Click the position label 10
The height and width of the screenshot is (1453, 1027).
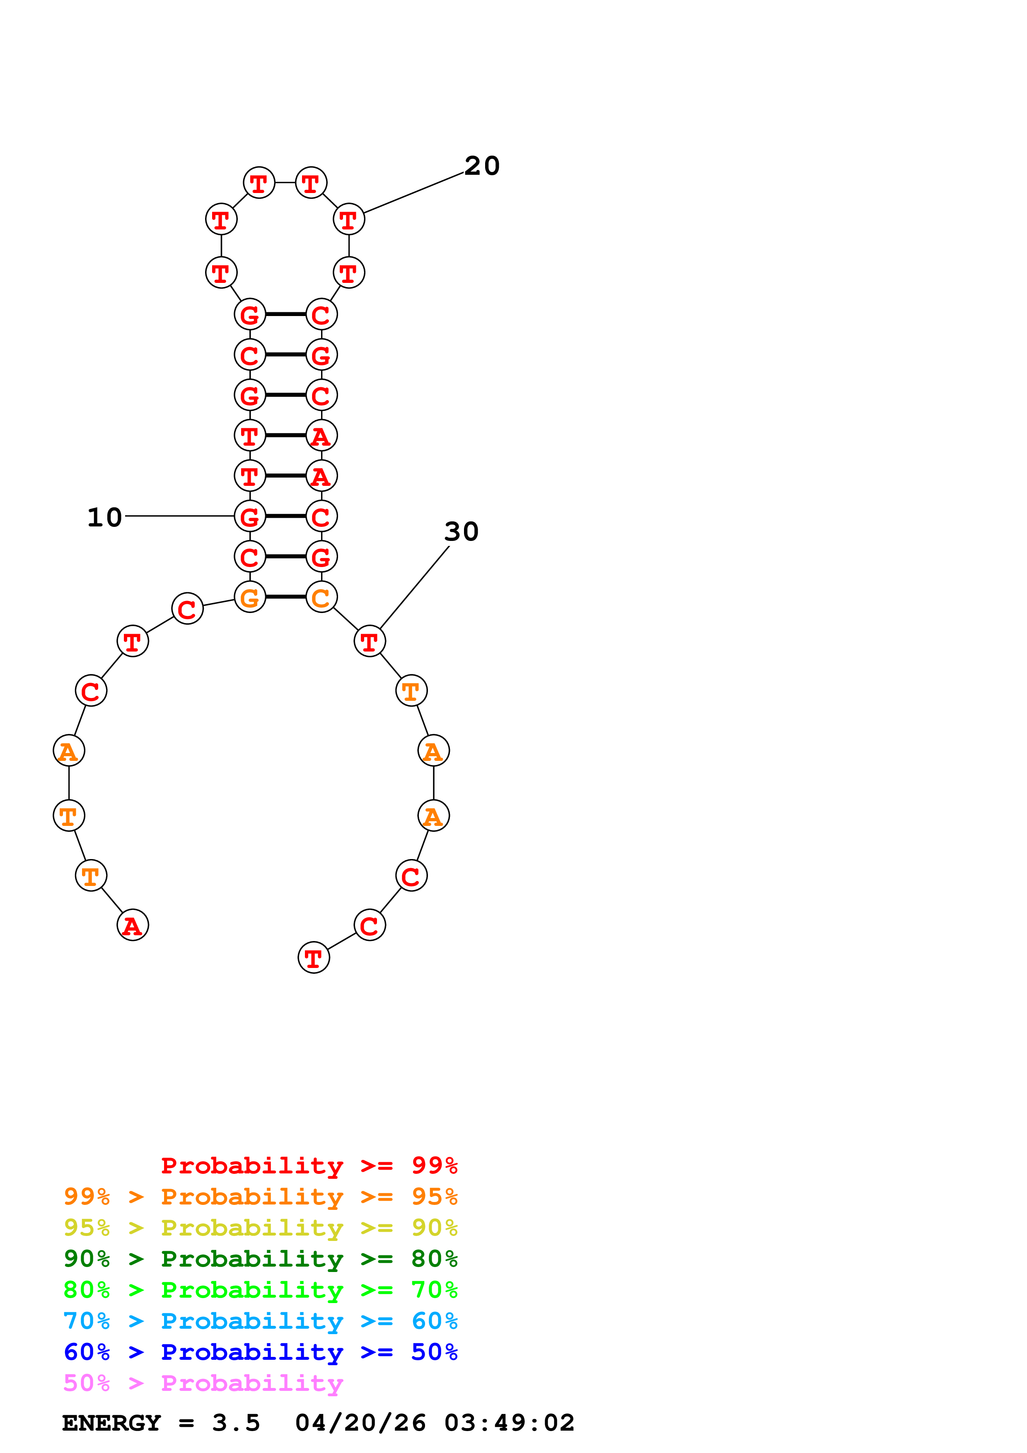[104, 518]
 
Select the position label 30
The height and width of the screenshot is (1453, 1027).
[461, 531]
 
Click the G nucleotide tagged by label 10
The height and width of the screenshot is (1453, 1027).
[250, 517]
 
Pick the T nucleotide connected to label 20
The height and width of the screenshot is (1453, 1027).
[349, 220]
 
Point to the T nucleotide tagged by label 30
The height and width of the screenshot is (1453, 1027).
[370, 641]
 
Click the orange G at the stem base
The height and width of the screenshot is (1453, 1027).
[250, 597]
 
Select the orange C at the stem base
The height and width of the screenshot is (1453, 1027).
[321, 597]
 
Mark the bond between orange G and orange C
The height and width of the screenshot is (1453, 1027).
[285, 597]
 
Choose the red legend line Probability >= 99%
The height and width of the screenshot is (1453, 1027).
[309, 1166]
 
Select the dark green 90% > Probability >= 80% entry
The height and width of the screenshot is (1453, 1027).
[261, 1259]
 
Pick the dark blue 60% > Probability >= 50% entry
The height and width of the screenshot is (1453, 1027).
[261, 1352]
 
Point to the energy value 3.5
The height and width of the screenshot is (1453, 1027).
[236, 1423]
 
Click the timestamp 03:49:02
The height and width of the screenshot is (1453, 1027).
[510, 1423]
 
